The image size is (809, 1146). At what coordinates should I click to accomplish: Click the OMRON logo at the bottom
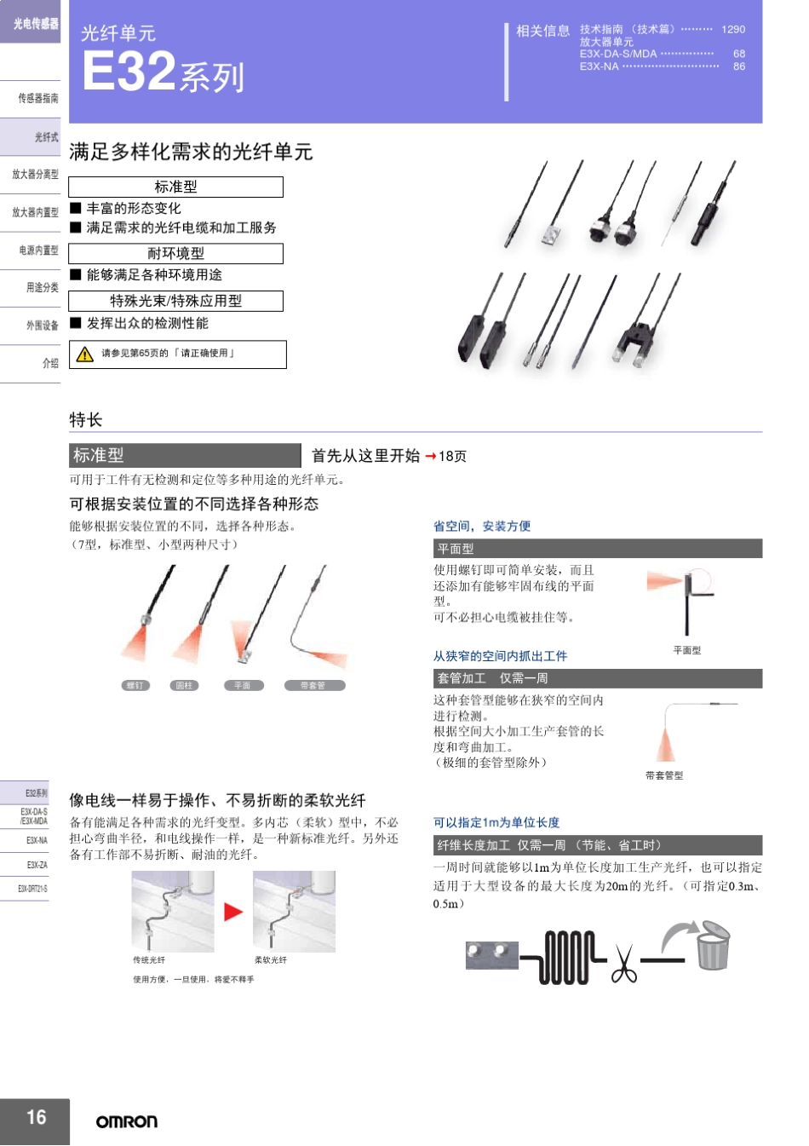[x=126, y=1121]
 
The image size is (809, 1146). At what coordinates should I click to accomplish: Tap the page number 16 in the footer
[x=36, y=1117]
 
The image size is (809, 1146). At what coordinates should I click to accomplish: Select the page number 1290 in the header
[x=732, y=29]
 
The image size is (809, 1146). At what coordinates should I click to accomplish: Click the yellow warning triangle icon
[x=85, y=354]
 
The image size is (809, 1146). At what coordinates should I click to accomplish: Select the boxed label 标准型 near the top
[x=175, y=187]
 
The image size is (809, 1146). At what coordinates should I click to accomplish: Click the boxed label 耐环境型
[x=175, y=253]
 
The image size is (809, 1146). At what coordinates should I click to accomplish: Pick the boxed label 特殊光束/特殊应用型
[x=175, y=301]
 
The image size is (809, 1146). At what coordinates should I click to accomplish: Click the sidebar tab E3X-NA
[x=36, y=840]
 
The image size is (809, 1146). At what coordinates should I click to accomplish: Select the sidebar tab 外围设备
[x=42, y=325]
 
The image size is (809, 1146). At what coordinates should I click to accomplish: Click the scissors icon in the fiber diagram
[x=623, y=964]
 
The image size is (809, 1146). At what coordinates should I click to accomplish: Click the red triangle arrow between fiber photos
[x=233, y=912]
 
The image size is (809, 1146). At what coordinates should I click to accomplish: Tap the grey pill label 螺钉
[x=135, y=685]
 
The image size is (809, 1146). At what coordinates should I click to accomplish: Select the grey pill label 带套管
[x=314, y=685]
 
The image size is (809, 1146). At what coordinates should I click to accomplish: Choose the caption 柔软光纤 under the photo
[x=271, y=960]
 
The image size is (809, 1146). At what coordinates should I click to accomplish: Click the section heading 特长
[x=86, y=419]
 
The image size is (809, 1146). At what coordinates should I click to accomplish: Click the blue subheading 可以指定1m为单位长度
[x=496, y=822]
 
